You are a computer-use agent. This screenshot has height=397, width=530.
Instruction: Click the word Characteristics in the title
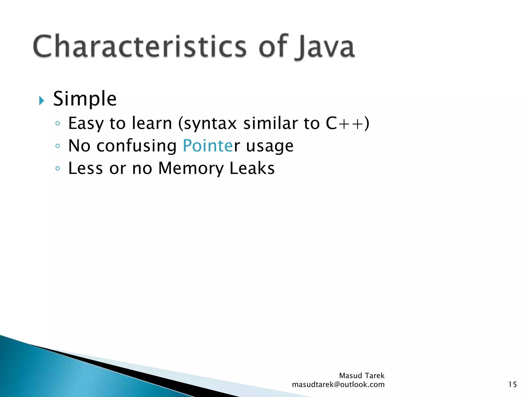pyautogui.click(x=140, y=47)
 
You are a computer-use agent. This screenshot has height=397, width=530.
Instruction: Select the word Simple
pyautogui.click(x=85, y=99)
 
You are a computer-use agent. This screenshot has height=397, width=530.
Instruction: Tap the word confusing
pyautogui.click(x=136, y=146)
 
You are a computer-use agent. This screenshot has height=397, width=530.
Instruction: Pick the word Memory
pyautogui.click(x=191, y=169)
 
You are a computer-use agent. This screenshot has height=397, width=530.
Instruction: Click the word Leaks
pyautogui.click(x=252, y=168)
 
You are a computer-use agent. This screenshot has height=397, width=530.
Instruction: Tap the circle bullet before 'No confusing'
pyautogui.click(x=58, y=146)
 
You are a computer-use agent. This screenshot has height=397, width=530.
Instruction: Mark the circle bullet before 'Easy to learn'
pyautogui.click(x=58, y=124)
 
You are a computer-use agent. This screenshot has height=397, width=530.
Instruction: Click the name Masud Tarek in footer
pyautogui.click(x=362, y=376)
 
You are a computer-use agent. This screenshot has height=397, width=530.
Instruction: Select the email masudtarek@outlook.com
pyautogui.click(x=338, y=385)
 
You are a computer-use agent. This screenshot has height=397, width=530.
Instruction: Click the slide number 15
pyautogui.click(x=512, y=385)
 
